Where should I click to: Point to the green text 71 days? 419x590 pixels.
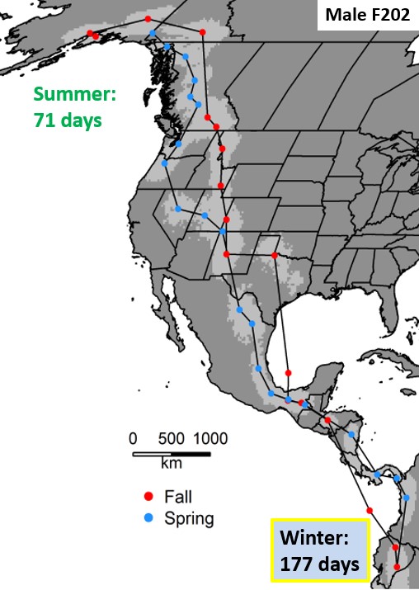tap(68, 120)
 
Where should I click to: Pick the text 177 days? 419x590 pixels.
tap(319, 564)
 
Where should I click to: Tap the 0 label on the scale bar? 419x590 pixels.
tap(133, 438)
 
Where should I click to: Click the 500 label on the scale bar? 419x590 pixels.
tap(171, 438)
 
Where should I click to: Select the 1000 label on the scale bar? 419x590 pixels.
tap(209, 438)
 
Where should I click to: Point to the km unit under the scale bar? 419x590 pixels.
tap(171, 464)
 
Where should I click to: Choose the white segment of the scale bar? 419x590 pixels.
tap(152, 453)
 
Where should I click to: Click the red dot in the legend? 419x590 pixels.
tap(148, 497)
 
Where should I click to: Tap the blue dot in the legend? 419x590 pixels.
tap(148, 518)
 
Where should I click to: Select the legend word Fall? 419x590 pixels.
tap(177, 497)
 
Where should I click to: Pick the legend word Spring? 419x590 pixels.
tap(189, 518)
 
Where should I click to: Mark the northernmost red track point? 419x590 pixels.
tap(148, 18)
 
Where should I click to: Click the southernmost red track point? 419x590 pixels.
tap(397, 566)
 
